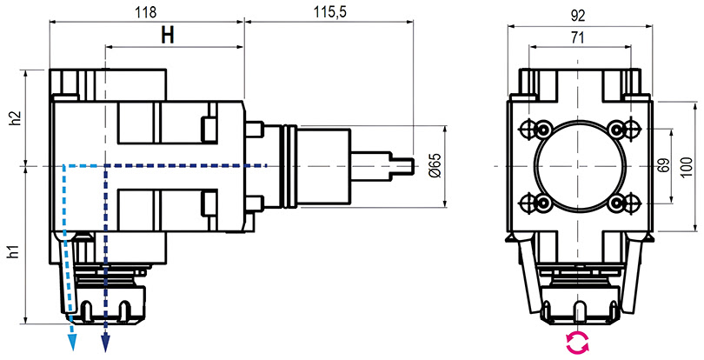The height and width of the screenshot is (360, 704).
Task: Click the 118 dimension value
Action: coord(146,12)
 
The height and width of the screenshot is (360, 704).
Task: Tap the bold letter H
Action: coord(168,35)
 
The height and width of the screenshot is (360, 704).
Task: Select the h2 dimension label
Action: coord(16,117)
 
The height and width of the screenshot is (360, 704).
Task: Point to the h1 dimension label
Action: coord(16,252)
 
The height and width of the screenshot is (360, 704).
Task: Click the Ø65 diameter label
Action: coord(435,165)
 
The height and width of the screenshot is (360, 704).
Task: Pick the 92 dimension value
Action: coord(578,16)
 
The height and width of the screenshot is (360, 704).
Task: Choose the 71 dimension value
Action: coord(577,37)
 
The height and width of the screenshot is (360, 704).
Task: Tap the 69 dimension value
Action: coord(663,165)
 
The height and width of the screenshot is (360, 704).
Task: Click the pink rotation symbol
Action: coord(577,343)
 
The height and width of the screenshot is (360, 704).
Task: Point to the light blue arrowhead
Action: coord(72,343)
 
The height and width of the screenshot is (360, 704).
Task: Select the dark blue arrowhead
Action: coord(105,343)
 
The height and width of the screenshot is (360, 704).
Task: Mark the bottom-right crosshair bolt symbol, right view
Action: coord(631,203)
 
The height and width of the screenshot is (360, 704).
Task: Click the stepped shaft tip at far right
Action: coord(402,166)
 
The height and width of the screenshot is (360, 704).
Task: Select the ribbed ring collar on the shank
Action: coord(288,166)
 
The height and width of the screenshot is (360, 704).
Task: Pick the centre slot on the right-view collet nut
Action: coord(578,311)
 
